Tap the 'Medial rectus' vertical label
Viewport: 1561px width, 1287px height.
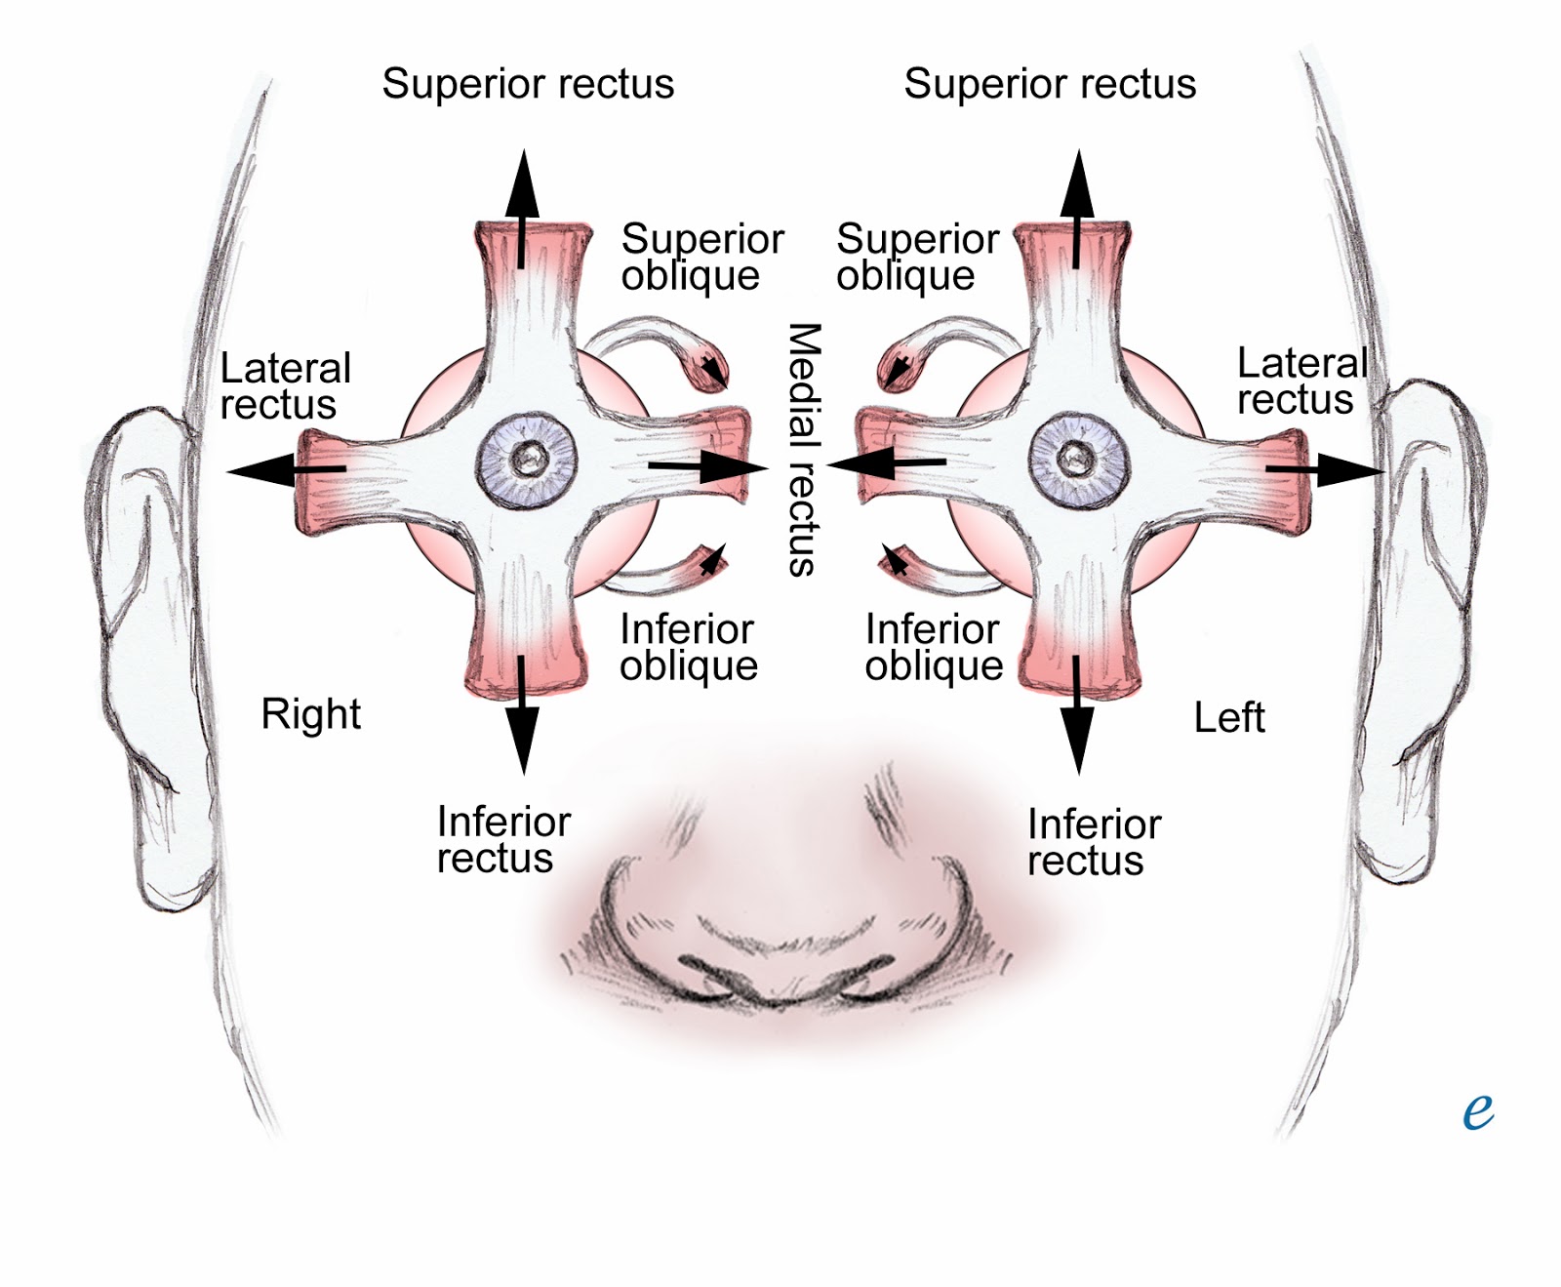pyautogui.click(x=803, y=450)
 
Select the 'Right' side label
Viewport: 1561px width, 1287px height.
pyautogui.click(x=310, y=714)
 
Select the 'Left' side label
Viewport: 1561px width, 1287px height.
pyautogui.click(x=1229, y=718)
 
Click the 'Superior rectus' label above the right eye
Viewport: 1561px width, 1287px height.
pyautogui.click(x=528, y=84)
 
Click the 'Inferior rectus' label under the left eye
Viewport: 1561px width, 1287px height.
pyautogui.click(x=1094, y=842)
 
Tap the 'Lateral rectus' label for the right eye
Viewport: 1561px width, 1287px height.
pyautogui.click(x=285, y=386)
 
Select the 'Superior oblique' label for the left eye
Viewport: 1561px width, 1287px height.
pyautogui.click(x=917, y=257)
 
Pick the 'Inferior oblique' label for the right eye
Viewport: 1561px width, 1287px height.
pyautogui.click(x=689, y=647)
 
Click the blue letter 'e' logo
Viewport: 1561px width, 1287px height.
pyautogui.click(x=1478, y=1110)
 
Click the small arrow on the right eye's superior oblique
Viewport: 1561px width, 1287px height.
pyautogui.click(x=715, y=369)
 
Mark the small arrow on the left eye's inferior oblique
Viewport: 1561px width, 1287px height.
pyautogui.click(x=894, y=560)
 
